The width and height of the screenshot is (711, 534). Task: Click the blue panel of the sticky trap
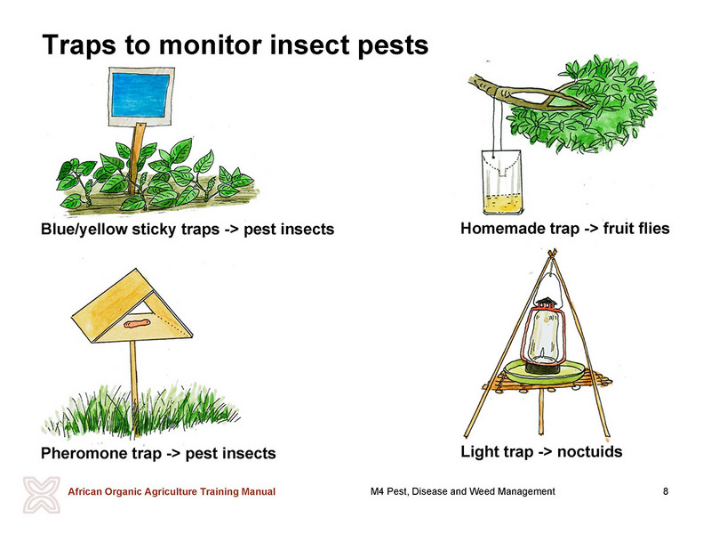coord(141,95)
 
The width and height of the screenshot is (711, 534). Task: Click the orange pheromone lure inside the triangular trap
coord(137,324)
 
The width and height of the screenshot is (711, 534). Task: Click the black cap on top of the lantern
coord(546,303)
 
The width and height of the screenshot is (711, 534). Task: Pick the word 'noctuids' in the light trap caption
coord(589,452)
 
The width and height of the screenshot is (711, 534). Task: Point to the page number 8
coord(665,491)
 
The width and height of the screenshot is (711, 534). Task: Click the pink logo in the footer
coord(41,495)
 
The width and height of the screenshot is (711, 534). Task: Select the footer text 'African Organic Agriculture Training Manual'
coord(172,491)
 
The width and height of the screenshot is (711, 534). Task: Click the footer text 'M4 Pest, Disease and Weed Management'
coord(462,491)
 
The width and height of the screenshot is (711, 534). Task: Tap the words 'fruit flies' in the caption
coord(636,229)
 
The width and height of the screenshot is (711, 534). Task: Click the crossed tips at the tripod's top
coord(552,253)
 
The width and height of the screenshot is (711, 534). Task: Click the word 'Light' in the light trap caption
coord(480,452)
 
